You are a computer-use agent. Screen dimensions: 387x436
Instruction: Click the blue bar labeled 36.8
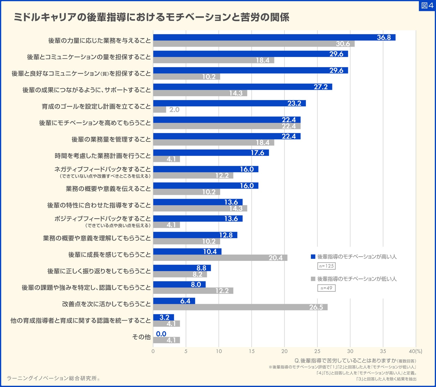point(274,37)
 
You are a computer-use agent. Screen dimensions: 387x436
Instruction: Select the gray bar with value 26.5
point(240,307)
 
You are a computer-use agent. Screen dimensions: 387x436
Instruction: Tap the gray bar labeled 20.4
point(220,258)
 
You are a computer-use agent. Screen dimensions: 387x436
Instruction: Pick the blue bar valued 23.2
point(229,103)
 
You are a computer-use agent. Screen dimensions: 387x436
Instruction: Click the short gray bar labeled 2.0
point(160,110)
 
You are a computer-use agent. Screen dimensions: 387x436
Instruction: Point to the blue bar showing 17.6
point(211,153)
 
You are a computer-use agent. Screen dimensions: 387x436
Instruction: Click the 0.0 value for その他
point(161,334)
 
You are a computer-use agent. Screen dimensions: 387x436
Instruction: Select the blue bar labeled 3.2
point(163,317)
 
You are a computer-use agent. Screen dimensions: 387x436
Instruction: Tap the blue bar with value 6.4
point(174,301)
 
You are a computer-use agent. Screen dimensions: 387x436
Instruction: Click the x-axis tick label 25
point(317,351)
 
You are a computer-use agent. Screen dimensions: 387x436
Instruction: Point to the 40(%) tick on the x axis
point(415,351)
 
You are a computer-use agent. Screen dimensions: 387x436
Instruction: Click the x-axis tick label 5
point(186,351)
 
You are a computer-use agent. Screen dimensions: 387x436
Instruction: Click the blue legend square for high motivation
point(313,257)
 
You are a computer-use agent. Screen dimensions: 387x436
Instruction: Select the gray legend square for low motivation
point(313,279)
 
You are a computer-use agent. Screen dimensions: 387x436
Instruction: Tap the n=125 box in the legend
point(326,266)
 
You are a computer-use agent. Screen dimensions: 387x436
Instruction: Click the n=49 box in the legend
point(326,288)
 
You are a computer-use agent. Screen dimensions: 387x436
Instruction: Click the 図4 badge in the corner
point(427,5)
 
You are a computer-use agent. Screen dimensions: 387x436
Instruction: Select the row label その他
point(141,337)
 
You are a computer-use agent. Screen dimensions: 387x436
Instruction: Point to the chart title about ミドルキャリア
point(151,17)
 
